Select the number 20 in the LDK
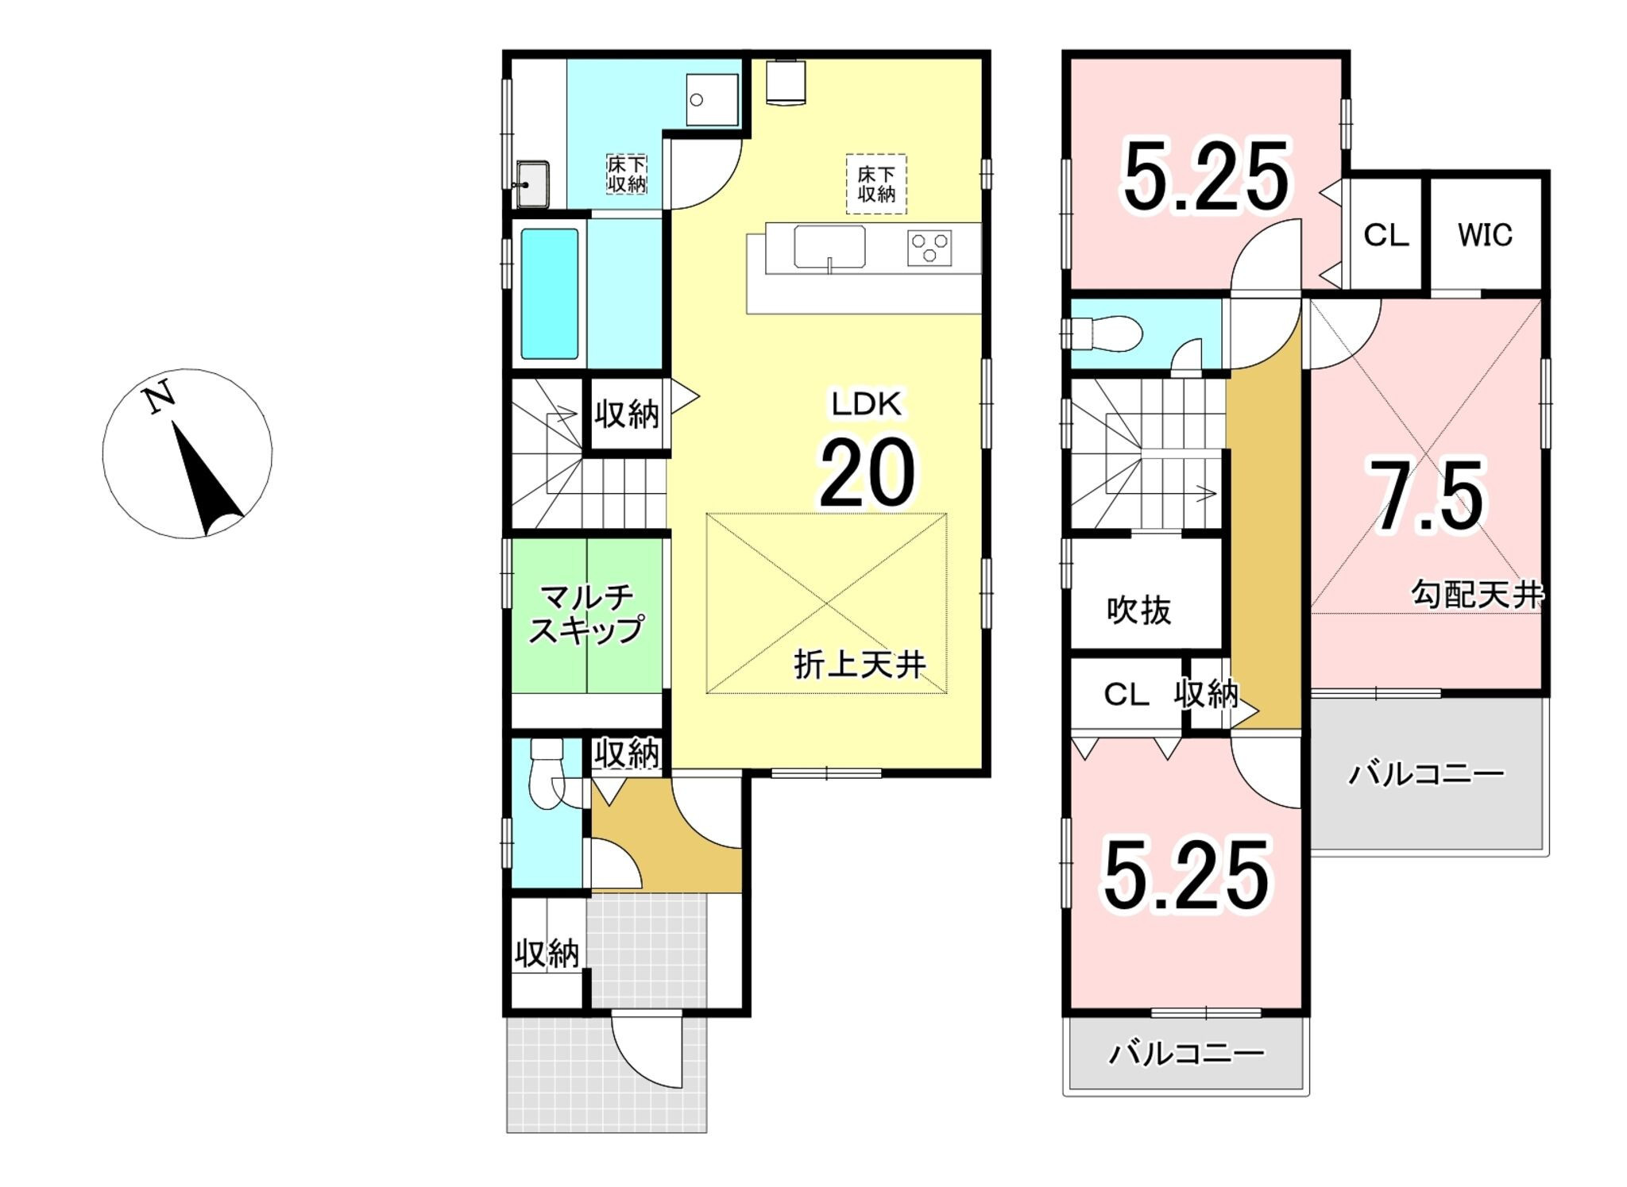(x=867, y=472)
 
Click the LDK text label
(x=866, y=405)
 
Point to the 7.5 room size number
(x=1424, y=496)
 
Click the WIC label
(x=1485, y=235)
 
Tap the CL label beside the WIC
(x=1385, y=235)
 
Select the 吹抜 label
(x=1138, y=610)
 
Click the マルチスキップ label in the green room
(x=586, y=613)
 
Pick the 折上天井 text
(x=860, y=664)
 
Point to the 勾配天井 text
(x=1476, y=594)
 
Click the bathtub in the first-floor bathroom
(x=549, y=294)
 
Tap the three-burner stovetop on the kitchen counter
(x=929, y=248)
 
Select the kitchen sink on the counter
(x=829, y=248)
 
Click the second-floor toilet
(x=1104, y=333)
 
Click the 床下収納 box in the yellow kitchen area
(x=875, y=184)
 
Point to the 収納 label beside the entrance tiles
(x=547, y=954)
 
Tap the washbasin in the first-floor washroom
(x=532, y=183)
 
